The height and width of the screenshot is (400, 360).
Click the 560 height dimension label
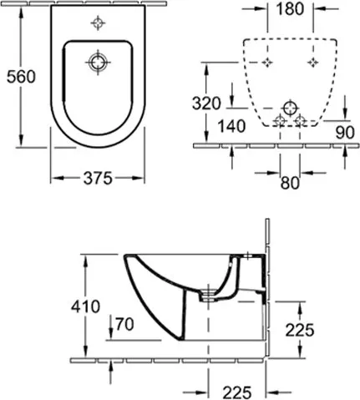[19, 76]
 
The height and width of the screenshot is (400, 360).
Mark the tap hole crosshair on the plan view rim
[99, 23]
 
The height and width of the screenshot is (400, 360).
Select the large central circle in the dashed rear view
[289, 109]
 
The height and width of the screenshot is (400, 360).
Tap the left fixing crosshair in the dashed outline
[266, 63]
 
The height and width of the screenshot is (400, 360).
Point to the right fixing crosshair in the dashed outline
[312, 63]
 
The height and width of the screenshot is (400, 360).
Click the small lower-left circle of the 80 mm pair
[279, 122]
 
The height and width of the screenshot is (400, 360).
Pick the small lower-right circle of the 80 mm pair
[298, 122]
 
